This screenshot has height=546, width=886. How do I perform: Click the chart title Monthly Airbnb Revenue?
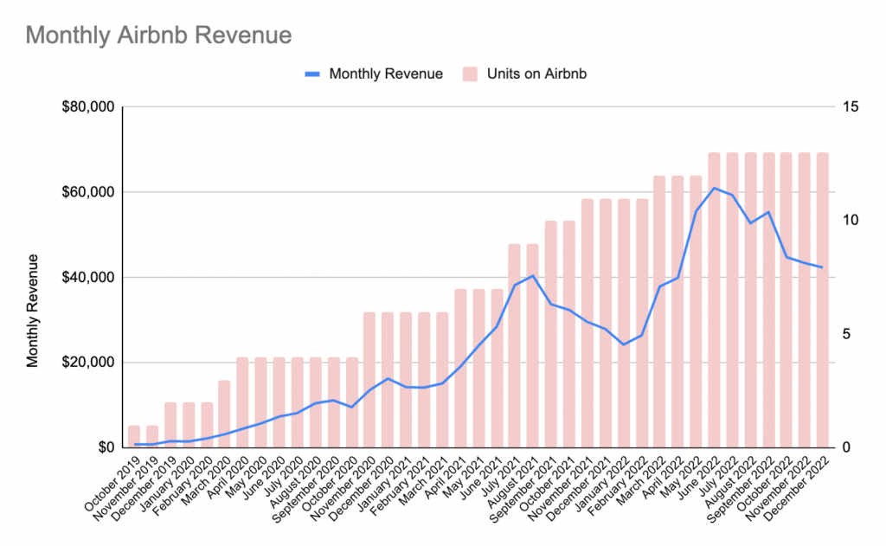[x=158, y=35]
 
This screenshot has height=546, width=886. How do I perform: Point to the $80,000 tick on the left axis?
[x=90, y=107]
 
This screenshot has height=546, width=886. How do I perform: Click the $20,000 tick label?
[x=90, y=363]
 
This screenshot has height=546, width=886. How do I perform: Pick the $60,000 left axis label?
[x=90, y=192]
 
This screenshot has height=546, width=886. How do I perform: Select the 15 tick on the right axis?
[x=850, y=107]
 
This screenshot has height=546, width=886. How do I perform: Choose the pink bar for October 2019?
[x=134, y=437]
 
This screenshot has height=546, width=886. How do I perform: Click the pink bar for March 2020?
[x=225, y=414]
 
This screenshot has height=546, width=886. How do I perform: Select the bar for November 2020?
[x=369, y=380]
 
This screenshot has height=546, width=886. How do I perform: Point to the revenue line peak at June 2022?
[x=714, y=188]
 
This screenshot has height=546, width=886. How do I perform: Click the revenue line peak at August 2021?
[x=532, y=276]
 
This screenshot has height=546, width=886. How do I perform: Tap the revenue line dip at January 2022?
[x=623, y=344]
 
